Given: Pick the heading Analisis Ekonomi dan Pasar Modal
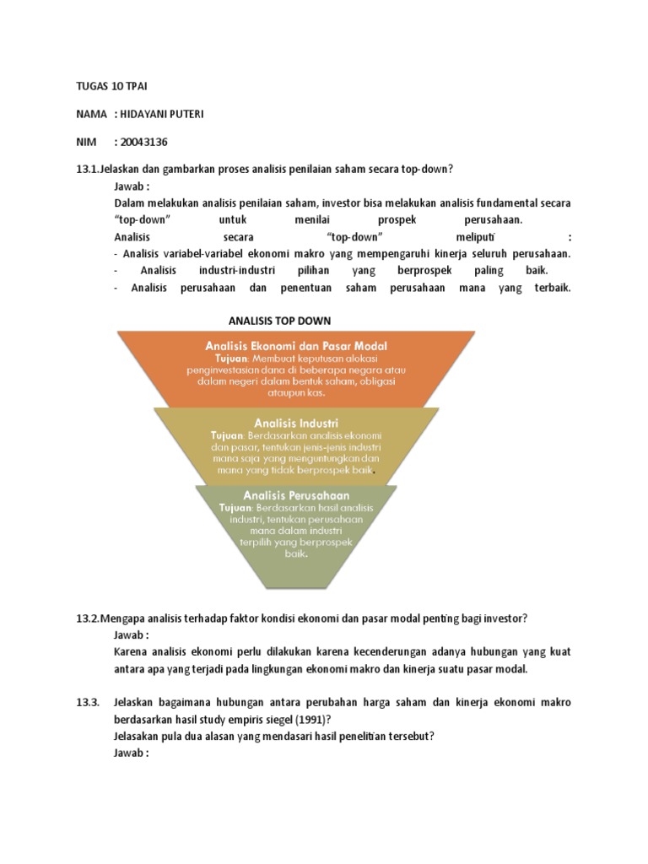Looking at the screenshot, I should coord(296,345).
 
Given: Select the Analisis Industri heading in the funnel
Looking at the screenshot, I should coord(296,422).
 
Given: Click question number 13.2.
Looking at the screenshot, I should coord(88,618).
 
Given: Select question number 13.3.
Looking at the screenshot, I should coord(88,702).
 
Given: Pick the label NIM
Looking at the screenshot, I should coord(87,142).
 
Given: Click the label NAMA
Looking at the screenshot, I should coord(91,114).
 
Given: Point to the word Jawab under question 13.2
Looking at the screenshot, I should coord(131,634).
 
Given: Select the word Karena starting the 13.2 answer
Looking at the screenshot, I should coord(131,651).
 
